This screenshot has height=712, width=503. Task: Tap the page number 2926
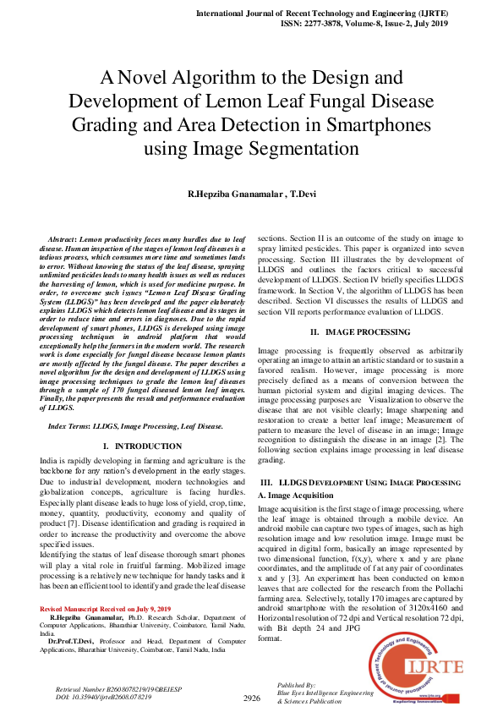pos(252,698)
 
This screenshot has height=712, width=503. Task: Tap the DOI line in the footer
pos(104,697)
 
